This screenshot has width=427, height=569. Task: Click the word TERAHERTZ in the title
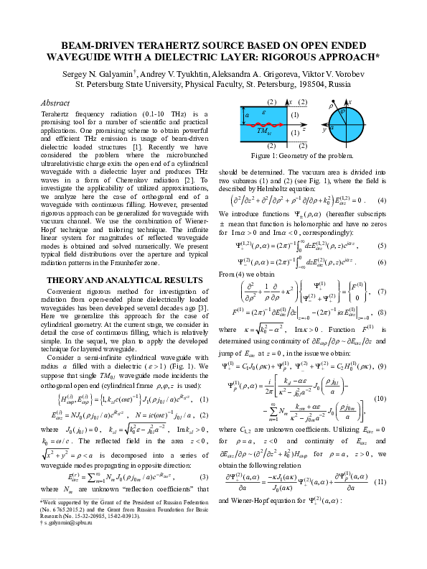[x=144, y=44]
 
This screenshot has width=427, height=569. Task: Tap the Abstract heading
[x=55, y=103]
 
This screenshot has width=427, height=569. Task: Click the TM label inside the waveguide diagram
[x=263, y=131]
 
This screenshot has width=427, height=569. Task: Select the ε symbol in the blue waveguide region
[x=264, y=114]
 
